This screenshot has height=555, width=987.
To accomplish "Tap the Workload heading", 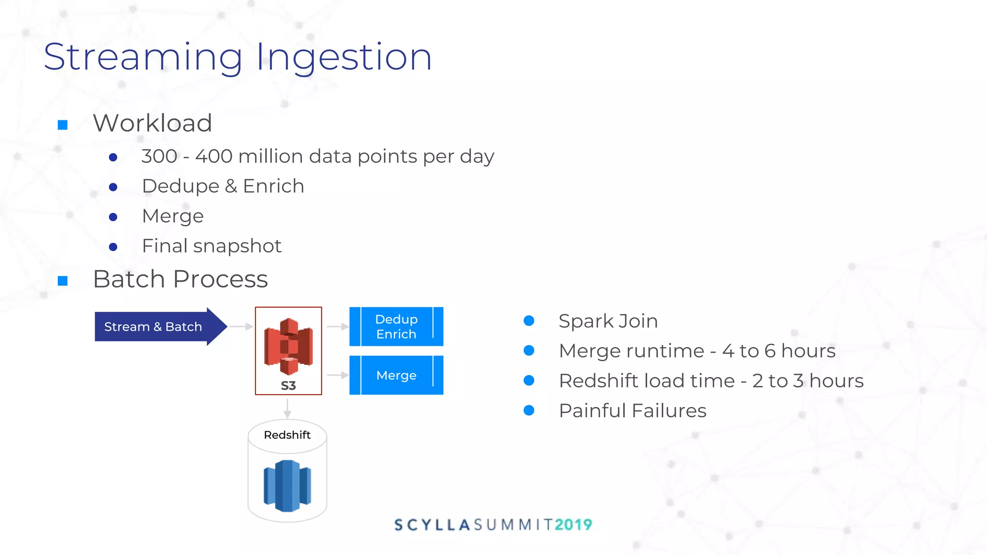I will point(152,123).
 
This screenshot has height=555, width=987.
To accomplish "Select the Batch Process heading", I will point(180,279).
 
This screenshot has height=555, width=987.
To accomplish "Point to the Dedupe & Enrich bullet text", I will point(223,186).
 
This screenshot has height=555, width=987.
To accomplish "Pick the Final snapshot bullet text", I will point(212,246).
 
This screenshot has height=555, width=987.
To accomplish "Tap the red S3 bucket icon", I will point(288,345).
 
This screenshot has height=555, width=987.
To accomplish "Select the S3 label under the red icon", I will point(288,386).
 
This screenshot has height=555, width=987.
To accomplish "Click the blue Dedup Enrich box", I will point(396,327).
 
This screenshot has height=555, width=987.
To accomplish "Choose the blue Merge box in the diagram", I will point(396,375).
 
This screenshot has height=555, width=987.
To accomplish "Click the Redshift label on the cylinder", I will point(287,435).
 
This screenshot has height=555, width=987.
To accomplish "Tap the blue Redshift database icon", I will point(287,486).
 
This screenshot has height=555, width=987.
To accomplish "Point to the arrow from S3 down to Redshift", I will point(287,408).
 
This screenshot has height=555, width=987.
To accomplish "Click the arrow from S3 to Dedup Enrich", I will point(337,327).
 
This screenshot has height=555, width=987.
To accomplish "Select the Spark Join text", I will point(608,321).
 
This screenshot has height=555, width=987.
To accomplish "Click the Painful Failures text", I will point(632,411).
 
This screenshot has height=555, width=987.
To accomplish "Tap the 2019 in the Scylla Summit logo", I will point(573,525).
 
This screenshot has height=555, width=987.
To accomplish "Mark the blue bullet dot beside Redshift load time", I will point(529,381).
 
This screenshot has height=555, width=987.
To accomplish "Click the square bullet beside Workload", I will point(63,125).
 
